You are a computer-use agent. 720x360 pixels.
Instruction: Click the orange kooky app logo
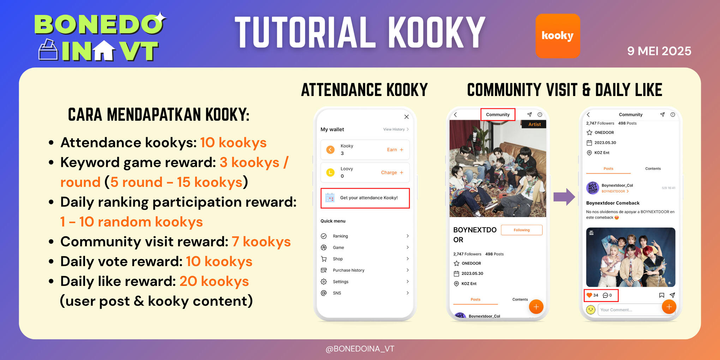point(558,36)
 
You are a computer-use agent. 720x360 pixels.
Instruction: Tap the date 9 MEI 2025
point(659,51)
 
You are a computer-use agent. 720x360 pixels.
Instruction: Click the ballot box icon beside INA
point(48,50)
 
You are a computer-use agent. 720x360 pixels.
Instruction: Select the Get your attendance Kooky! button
point(365,198)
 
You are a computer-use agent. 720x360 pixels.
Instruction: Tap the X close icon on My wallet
point(407,117)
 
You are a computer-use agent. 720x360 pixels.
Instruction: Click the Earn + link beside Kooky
point(395,150)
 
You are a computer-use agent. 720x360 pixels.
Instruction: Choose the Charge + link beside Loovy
point(392,173)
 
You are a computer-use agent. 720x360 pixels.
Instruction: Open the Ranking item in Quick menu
point(340,236)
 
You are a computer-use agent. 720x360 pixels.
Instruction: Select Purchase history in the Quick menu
point(348,270)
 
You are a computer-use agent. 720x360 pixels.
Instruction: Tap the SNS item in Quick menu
point(337,293)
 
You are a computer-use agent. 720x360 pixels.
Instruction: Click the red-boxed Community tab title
point(498,115)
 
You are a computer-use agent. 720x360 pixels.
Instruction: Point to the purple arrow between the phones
point(564,197)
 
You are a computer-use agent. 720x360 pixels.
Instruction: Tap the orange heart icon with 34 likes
point(589,295)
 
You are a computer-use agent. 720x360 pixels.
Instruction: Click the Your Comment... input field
point(628,310)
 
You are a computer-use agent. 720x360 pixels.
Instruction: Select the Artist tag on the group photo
point(534,124)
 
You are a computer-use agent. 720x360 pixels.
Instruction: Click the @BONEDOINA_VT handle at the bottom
point(360,349)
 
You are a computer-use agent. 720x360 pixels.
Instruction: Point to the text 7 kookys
point(261,242)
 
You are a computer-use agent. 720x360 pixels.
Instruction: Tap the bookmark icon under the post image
point(661,295)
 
